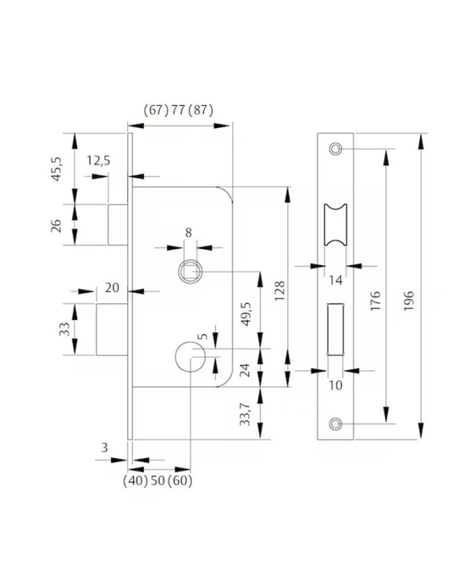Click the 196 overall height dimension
coord(408,301)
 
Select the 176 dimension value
coord(375,301)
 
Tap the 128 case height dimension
coord(280,291)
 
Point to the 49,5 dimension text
coord(246,314)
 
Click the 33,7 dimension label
coord(245,414)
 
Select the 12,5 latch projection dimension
coord(99,160)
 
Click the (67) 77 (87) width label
coord(178,110)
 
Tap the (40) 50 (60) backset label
coord(158,481)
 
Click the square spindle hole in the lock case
coord(190,272)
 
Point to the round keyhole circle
coord(190,356)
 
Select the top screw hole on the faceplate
coord(335,148)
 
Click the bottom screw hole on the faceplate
coord(335,424)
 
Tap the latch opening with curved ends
coord(335,224)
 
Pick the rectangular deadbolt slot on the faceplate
coord(335,329)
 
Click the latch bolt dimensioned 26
coord(117,225)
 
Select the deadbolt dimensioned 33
coord(112,329)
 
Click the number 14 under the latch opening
coord(335,280)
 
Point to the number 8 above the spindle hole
coord(188,233)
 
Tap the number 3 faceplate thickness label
coord(105,447)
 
